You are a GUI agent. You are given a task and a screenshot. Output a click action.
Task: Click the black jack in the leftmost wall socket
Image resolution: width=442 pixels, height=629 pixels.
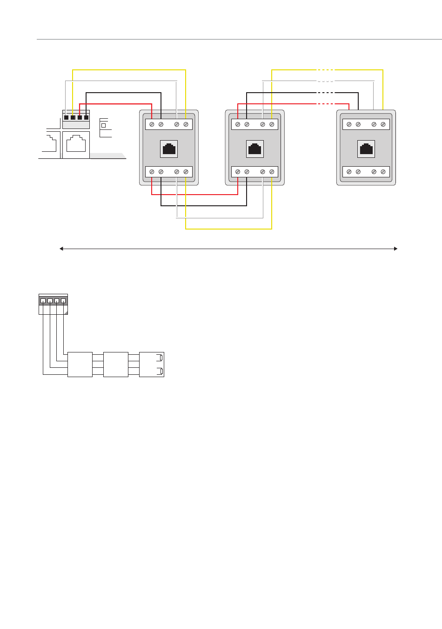pos(169,149)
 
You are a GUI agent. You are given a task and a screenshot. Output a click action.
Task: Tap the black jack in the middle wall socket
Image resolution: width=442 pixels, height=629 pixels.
pos(254,149)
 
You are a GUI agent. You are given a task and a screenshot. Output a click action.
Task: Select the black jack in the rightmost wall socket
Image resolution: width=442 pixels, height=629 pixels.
pos(366,149)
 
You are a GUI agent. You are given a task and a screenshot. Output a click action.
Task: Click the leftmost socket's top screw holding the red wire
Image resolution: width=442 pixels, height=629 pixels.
pos(152,124)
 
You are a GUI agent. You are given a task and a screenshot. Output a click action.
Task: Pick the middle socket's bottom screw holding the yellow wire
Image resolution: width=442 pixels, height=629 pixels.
pos(272,172)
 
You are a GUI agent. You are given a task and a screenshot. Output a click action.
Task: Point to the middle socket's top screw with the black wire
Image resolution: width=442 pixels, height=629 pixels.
pos(247,124)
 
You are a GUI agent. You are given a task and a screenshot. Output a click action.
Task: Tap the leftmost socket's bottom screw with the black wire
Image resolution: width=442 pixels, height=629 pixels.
pos(161,172)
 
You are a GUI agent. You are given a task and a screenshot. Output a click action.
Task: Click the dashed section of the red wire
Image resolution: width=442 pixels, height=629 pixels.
pos(325,104)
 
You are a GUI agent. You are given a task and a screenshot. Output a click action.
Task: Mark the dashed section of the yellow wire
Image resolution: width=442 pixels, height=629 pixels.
pos(325,70)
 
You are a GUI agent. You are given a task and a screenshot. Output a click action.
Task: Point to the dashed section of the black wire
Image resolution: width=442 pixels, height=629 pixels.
pos(325,93)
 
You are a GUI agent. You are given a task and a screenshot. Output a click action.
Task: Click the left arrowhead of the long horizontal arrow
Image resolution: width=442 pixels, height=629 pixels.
pos(61,249)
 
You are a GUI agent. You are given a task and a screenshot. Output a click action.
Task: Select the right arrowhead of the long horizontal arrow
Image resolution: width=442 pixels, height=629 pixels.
pos(396,249)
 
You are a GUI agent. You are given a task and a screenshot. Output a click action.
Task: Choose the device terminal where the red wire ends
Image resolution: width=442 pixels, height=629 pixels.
pos(80,117)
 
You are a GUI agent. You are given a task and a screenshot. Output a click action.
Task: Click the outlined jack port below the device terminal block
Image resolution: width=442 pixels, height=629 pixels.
pos(76,144)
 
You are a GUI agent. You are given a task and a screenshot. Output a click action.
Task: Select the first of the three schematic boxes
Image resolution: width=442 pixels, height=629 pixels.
pos(80,365)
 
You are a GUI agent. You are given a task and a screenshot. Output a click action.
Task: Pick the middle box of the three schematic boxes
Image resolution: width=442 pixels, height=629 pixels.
pos(115,365)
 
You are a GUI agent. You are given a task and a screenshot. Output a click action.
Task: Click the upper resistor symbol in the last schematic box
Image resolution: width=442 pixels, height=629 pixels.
pos(161,358)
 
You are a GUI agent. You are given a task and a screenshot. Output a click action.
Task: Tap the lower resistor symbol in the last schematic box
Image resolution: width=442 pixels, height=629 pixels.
pos(161,371)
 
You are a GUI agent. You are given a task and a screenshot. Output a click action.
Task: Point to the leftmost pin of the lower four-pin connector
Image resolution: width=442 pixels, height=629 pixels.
pos(43,301)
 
